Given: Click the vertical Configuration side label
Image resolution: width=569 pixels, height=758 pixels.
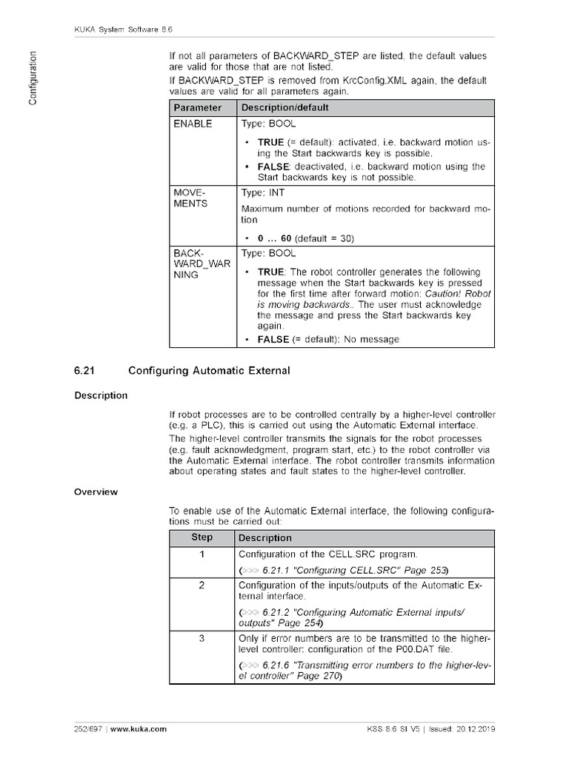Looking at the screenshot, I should [33, 78].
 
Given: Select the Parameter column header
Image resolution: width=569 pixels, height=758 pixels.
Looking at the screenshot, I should [197, 108].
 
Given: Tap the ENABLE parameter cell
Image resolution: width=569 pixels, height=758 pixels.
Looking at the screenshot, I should [193, 124].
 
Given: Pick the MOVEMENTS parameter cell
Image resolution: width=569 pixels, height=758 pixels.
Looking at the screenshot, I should [190, 198].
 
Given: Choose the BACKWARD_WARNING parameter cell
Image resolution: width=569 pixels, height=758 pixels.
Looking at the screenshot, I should [196, 264].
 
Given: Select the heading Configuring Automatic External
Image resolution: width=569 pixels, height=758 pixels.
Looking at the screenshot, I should [209, 370].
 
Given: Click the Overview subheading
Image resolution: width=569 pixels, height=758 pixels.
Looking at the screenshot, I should [96, 492].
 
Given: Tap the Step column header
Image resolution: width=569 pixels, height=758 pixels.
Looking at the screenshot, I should [202, 537].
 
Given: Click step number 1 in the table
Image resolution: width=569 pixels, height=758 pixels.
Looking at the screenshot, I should [202, 554].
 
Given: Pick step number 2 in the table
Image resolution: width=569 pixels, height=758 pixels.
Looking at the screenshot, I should [202, 585].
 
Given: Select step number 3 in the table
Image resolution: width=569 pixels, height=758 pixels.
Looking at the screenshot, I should [202, 638].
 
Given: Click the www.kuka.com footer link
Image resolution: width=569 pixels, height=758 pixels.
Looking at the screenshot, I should [140, 729].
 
